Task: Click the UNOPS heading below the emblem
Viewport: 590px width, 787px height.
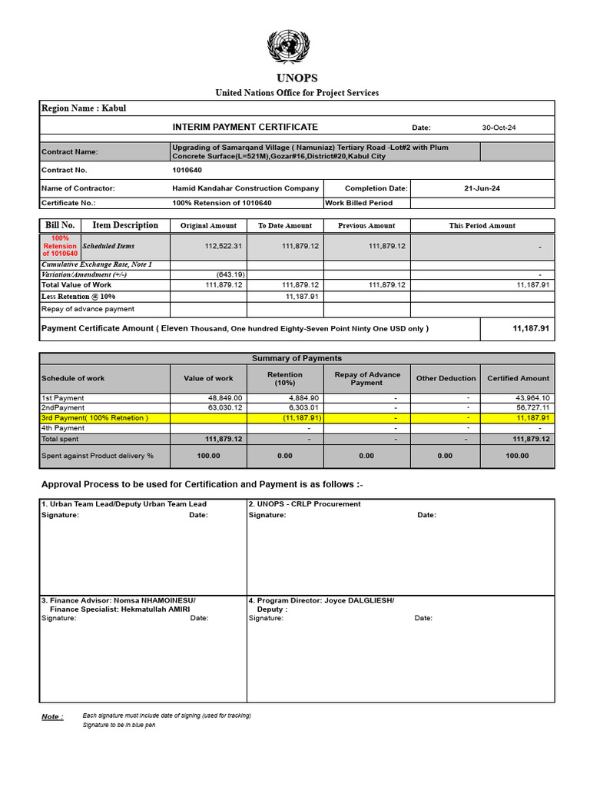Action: pyautogui.click(x=297, y=78)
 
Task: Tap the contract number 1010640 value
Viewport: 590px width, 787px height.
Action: pyautogui.click(x=187, y=170)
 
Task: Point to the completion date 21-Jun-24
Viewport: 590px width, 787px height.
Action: pyautogui.click(x=482, y=188)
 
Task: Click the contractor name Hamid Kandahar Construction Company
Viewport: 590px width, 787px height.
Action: pyautogui.click(x=245, y=188)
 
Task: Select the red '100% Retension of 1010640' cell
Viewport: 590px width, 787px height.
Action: pyautogui.click(x=60, y=246)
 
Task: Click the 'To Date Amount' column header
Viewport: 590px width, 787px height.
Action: pyautogui.click(x=285, y=226)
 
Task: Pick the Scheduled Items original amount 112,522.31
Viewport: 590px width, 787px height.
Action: pyautogui.click(x=224, y=246)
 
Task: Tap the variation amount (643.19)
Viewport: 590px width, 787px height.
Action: pyautogui.click(x=230, y=274)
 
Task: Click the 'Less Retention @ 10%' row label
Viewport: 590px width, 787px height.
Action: pyautogui.click(x=78, y=296)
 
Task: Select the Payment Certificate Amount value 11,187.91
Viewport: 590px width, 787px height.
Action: pyautogui.click(x=531, y=328)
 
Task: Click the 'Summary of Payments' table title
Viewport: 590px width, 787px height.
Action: pyautogui.click(x=297, y=358)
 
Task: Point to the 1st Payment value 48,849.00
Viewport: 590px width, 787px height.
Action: pyautogui.click(x=225, y=398)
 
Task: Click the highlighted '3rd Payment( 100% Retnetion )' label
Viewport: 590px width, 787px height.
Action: pyautogui.click(x=94, y=417)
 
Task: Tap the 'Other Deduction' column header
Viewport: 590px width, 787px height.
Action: pyautogui.click(x=446, y=378)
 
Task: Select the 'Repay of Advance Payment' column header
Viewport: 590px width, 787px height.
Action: pyautogui.click(x=366, y=378)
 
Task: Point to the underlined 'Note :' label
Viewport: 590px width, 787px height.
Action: pyautogui.click(x=51, y=717)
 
